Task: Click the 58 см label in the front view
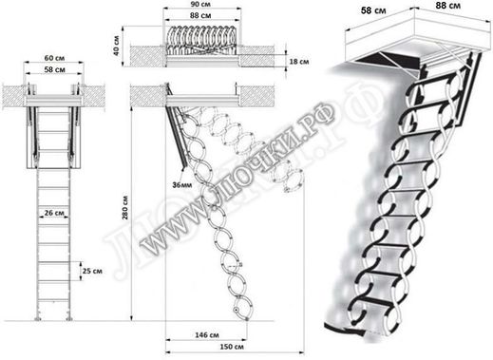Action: pos(54,70)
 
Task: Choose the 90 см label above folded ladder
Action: pos(199,6)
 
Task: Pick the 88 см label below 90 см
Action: pos(199,17)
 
